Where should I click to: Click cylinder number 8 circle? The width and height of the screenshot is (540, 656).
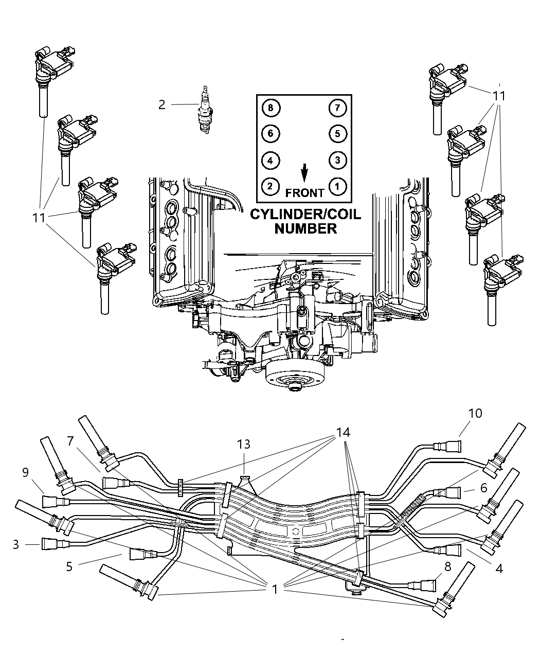point(271,108)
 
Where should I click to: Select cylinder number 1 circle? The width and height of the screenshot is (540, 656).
point(337,186)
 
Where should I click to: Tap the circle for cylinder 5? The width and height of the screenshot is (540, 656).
point(337,134)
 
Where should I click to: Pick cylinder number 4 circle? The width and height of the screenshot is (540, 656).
point(271,160)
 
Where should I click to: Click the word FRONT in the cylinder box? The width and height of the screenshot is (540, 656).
point(304,193)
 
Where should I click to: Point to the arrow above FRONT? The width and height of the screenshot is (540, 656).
point(304,173)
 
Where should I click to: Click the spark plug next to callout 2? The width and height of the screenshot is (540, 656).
point(206,111)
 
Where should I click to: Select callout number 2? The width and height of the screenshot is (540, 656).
point(162,105)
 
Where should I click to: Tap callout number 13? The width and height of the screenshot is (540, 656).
point(243,444)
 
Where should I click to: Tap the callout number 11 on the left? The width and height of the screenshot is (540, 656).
point(39,218)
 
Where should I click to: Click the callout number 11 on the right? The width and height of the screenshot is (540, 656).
point(499,96)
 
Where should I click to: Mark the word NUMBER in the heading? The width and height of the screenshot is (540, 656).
point(305,228)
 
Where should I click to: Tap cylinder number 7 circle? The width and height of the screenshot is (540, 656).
point(337,108)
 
